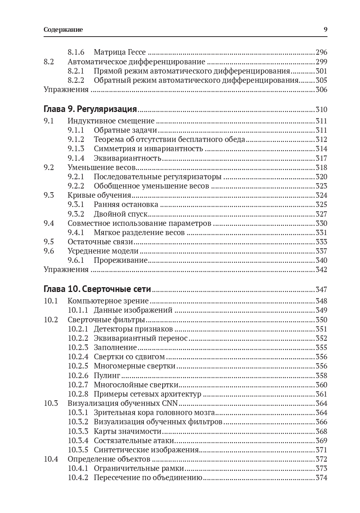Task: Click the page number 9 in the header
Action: pyautogui.click(x=325, y=30)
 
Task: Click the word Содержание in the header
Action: pyautogui.click(x=63, y=30)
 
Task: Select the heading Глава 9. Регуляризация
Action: pyautogui.click(x=90, y=109)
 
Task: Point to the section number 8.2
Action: pyautogui.click(x=49, y=62)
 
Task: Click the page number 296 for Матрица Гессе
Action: pyautogui.click(x=321, y=52)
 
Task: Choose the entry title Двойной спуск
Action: pyautogui.click(x=120, y=214)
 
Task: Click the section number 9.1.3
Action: pyautogui.click(x=76, y=149)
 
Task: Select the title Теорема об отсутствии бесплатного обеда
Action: pyautogui.click(x=169, y=140)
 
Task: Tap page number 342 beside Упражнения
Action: pyautogui.click(x=321, y=269)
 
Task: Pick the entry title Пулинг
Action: pyautogui.click(x=107, y=376)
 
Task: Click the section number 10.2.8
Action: pyautogui.click(x=78, y=394)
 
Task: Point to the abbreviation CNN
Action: pyautogui.click(x=170, y=403)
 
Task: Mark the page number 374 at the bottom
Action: pyautogui.click(x=321, y=478)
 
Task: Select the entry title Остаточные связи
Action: pyautogui.click(x=100, y=242)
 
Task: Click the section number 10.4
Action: pyautogui.click(x=51, y=459)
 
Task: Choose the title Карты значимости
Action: pyautogui.click(x=128, y=431)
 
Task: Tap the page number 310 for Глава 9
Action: pyautogui.click(x=321, y=110)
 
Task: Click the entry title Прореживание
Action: pyautogui.click(x=120, y=260)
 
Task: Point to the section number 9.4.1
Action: pyautogui.click(x=76, y=232)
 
